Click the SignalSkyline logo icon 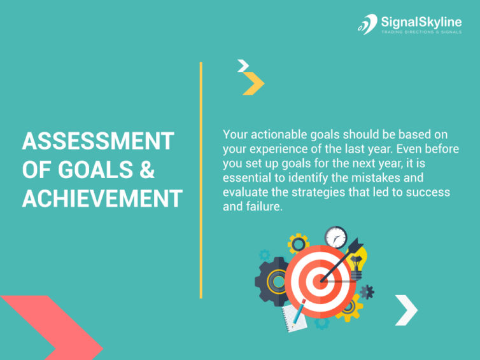[367, 24]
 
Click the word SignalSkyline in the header [421, 22]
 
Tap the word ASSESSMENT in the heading [98, 141]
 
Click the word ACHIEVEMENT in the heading [102, 199]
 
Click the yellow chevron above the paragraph [253, 84]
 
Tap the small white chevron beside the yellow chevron [243, 66]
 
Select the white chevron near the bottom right [406, 310]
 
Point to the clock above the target [335, 238]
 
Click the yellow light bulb [358, 262]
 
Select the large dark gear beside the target [272, 280]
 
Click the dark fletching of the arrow [352, 246]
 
